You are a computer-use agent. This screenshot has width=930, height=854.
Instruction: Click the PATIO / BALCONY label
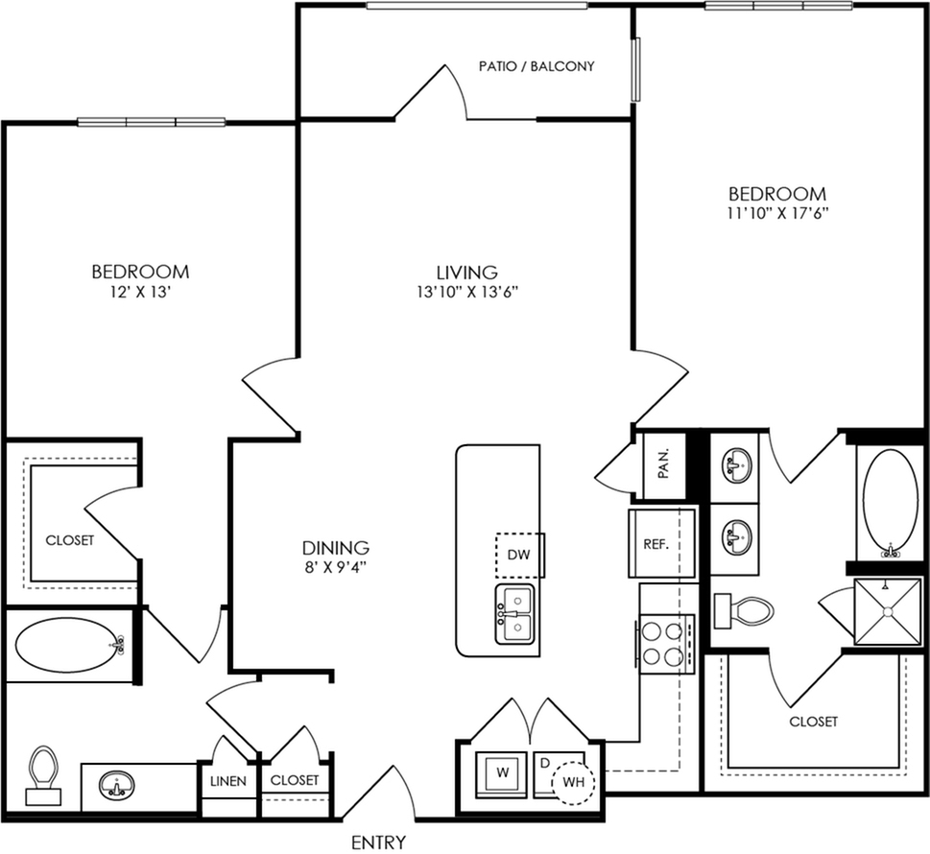537,66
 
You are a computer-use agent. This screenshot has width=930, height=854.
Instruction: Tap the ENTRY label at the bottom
378,842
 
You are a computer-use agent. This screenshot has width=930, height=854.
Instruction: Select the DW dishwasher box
519,555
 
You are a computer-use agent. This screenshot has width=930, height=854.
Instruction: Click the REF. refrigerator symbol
662,543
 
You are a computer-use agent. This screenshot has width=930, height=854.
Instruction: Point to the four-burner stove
665,644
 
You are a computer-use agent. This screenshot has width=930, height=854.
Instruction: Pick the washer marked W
502,773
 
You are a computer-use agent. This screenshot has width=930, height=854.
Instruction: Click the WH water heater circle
573,782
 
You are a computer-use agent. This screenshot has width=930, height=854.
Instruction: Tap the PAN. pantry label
664,463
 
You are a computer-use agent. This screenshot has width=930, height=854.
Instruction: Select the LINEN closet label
228,781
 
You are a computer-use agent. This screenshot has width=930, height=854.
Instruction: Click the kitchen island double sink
514,614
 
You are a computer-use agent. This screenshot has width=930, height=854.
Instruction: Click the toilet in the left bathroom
43,775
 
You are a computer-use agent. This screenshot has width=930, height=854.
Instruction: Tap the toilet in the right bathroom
745,611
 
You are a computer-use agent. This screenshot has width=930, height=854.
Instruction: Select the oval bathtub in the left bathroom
71,645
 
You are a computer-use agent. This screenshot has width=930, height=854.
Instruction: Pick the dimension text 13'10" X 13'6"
468,292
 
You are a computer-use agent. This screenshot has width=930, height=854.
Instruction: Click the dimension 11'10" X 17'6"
777,213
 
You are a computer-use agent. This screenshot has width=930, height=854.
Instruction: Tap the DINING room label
336,547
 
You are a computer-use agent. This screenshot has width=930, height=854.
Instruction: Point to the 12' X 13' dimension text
140,292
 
